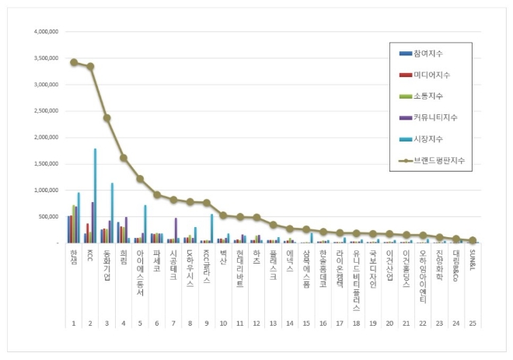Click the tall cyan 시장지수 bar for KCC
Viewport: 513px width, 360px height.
coord(95,195)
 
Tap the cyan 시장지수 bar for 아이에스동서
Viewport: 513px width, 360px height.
coord(145,224)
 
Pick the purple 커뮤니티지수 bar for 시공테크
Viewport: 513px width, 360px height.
coord(176,230)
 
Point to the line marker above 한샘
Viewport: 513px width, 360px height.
coord(74,62)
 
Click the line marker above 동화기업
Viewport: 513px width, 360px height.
coord(107,118)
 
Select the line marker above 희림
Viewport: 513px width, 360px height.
coord(124,158)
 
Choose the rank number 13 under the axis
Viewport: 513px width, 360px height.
coord(273,322)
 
